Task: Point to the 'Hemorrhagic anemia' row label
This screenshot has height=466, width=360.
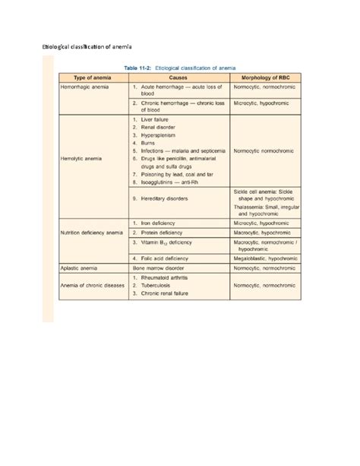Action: coord(85,88)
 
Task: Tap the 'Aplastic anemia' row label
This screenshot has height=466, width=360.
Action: coord(80,268)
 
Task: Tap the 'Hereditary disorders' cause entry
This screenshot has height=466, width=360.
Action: coord(168,197)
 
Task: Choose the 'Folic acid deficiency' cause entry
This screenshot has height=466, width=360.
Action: coord(169,258)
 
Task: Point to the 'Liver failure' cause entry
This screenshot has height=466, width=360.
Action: coord(159,119)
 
